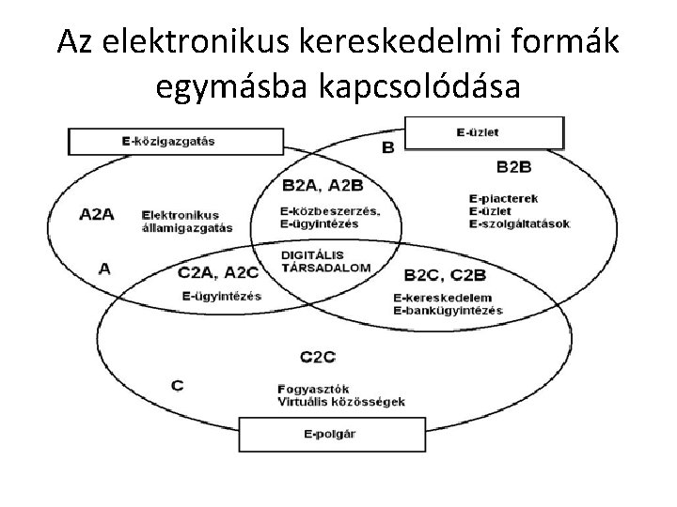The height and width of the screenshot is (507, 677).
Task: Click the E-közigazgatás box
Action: (175, 142)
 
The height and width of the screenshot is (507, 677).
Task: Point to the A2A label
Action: (96, 213)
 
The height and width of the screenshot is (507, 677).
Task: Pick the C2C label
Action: (318, 356)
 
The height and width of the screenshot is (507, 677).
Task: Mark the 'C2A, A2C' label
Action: (217, 273)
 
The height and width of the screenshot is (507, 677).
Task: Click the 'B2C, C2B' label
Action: (445, 274)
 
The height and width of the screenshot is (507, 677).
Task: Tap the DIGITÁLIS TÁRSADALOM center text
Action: (325, 261)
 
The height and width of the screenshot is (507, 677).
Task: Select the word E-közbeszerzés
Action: (329, 210)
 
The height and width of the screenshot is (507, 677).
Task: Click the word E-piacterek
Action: (499, 199)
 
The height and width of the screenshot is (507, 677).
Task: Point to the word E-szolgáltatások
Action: (518, 223)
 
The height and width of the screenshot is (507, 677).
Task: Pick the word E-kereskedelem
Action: (443, 298)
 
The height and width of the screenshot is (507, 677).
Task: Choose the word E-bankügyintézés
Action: (449, 310)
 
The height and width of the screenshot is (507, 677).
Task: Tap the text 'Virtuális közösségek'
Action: (340, 401)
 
